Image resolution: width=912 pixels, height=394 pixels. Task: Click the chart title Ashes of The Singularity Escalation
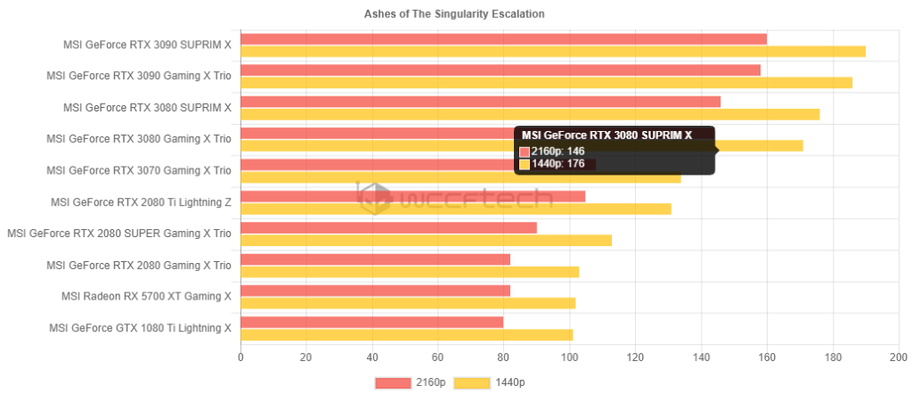pos(454,14)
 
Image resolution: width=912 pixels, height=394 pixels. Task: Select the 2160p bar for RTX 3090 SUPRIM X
pos(503,39)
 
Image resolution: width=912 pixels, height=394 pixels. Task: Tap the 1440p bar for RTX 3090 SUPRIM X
pos(552,52)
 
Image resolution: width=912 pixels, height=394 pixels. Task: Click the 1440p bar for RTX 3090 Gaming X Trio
pos(546,83)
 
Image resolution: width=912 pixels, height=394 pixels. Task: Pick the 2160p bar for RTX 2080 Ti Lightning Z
pos(412,196)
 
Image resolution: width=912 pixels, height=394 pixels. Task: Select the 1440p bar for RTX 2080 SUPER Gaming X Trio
pos(426,240)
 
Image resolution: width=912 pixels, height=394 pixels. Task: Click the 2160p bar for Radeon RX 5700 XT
pos(375,291)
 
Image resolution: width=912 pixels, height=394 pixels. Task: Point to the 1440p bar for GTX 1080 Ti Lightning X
pos(406,335)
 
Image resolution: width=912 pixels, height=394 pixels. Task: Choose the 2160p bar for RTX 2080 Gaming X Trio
pos(375,259)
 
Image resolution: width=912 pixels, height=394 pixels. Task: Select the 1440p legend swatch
pos(473,382)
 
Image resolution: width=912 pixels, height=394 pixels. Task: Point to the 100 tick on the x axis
pos(569,357)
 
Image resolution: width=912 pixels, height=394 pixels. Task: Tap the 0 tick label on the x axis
pos(240,357)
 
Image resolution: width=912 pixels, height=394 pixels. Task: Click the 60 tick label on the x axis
pos(437,357)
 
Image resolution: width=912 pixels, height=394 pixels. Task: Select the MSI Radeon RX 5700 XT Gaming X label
pos(146,297)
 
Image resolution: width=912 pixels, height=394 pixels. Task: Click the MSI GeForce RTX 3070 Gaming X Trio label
pos(139,170)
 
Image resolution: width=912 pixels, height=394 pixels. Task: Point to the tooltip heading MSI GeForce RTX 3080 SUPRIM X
pos(607,135)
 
